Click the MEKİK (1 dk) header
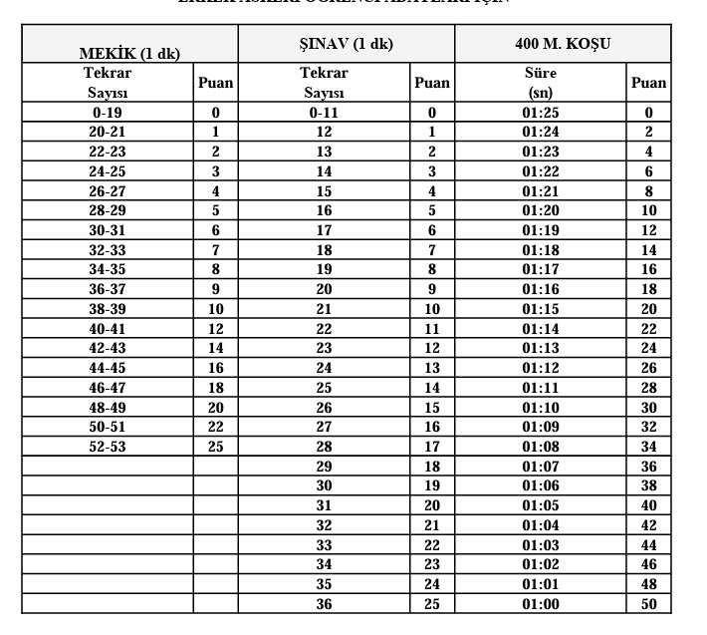click(x=129, y=53)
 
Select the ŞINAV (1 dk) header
click(x=346, y=45)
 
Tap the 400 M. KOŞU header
click(x=563, y=45)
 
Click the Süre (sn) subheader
click(x=541, y=83)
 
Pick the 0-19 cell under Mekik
click(x=108, y=113)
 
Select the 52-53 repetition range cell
click(x=108, y=447)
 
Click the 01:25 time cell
click(x=541, y=113)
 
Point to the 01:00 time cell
click(x=541, y=604)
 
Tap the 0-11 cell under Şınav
click(x=324, y=113)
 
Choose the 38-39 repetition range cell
click(x=108, y=309)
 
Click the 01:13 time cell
click(x=541, y=349)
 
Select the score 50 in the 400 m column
click(x=649, y=604)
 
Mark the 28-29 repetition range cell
click(x=108, y=211)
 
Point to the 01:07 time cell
click(x=541, y=467)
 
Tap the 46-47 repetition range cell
click(x=108, y=388)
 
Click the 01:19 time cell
click(x=541, y=230)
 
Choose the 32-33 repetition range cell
click(x=108, y=250)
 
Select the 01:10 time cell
click(x=541, y=408)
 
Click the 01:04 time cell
click(x=541, y=525)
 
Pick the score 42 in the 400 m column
click(x=649, y=525)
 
